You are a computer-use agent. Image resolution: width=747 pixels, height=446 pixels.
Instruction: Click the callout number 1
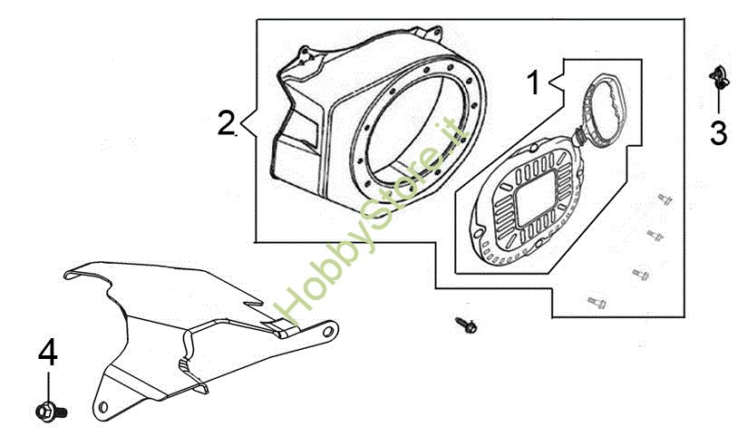[534, 82]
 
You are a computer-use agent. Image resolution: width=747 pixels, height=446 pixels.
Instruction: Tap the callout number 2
[226, 122]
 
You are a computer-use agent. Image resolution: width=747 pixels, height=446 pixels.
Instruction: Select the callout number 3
[718, 133]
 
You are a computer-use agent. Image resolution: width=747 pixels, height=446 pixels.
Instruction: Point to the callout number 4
[48, 353]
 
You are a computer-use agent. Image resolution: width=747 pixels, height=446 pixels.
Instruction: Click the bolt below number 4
[52, 411]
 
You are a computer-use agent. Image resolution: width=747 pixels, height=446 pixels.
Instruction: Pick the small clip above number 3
[719, 78]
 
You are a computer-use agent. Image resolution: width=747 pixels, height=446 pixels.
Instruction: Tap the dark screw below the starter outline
[466, 325]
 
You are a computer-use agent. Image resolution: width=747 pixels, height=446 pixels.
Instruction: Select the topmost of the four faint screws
[665, 199]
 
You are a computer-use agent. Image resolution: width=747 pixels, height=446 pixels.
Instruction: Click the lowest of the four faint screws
[596, 302]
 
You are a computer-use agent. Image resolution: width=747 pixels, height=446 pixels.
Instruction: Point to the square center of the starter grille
[537, 198]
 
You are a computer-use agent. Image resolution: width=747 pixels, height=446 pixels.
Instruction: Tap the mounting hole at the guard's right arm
[328, 331]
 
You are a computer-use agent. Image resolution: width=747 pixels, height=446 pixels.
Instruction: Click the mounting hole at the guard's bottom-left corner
[102, 407]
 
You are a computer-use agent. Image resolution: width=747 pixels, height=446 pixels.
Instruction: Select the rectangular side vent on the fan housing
[304, 129]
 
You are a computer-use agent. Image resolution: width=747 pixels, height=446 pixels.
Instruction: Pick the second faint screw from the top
[655, 235]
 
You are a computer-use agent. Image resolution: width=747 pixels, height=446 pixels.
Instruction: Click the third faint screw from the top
[640, 274]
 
